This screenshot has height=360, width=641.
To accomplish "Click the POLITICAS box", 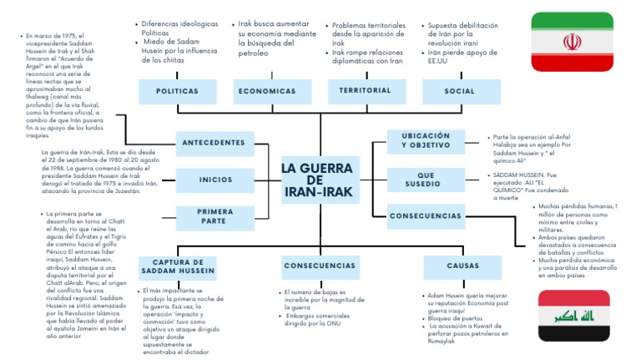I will tap(177, 91).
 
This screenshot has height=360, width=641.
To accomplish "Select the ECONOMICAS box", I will tap(267, 91).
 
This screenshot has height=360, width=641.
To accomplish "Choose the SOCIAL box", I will tap(459, 91).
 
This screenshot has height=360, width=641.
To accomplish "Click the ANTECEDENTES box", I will tap(215, 143).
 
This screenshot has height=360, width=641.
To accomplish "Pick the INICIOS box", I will tap(215, 180).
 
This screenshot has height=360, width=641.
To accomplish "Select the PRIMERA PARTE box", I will tap(215, 216).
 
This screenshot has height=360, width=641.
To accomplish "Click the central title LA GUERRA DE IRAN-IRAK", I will tap(318, 180).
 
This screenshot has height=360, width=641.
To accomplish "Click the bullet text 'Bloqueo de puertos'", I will tap(455, 317).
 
